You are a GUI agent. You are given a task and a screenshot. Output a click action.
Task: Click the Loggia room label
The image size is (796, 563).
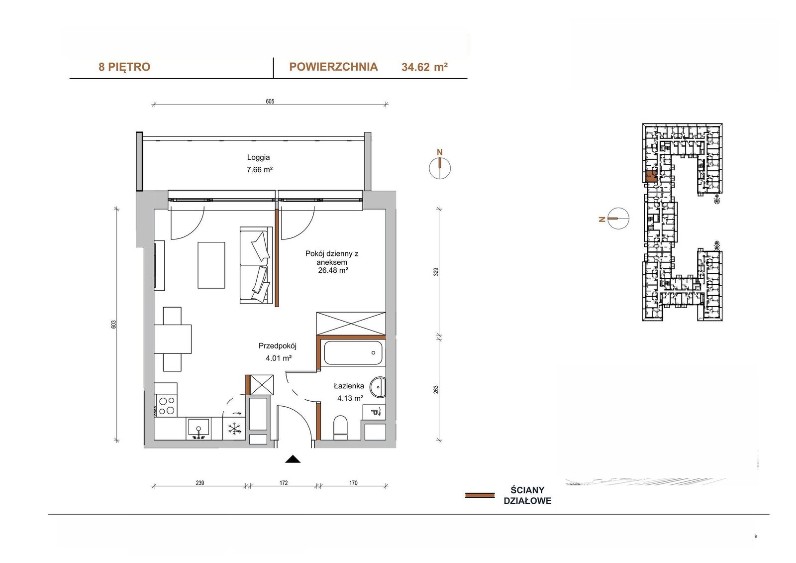(258, 157)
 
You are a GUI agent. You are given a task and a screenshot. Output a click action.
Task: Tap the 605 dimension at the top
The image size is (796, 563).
(270, 102)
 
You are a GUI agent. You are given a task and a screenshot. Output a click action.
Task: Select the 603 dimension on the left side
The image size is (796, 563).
(114, 325)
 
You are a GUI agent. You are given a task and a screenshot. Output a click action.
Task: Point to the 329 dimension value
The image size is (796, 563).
(436, 272)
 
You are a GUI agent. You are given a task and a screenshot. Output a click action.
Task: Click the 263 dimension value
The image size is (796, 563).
(436, 389)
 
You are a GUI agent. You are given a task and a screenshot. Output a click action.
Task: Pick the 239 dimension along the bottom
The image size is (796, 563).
(200, 483)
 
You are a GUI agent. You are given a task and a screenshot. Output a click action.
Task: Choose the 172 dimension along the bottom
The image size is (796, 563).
(283, 483)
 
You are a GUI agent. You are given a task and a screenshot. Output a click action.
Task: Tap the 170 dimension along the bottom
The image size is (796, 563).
(353, 483)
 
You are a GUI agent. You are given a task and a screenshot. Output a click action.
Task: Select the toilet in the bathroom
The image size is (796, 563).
(340, 428)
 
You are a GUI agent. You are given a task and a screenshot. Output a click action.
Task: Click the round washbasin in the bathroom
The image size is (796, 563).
(378, 387)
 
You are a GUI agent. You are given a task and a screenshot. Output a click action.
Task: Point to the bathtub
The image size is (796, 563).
(353, 353)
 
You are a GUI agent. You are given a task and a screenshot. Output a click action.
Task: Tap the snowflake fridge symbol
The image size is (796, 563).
(234, 429)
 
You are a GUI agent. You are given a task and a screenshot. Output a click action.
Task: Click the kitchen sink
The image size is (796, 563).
(199, 429)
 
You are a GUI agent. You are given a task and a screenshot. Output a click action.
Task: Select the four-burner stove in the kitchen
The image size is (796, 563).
(166, 406)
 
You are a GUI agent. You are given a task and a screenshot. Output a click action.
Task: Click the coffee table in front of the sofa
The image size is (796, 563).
(211, 265)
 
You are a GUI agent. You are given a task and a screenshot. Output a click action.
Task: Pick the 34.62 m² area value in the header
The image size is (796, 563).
(424, 67)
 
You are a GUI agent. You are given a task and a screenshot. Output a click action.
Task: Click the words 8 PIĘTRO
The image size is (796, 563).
(124, 67)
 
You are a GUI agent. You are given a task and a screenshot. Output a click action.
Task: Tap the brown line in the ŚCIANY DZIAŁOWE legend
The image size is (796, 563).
(480, 495)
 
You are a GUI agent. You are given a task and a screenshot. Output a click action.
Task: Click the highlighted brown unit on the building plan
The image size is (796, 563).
(651, 177)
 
